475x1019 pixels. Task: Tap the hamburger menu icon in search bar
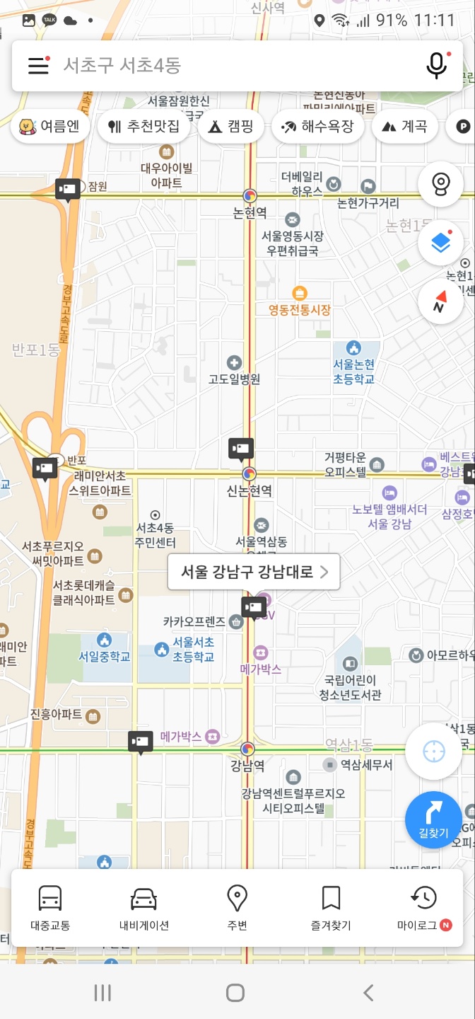[x=38, y=66]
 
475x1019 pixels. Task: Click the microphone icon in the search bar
[x=437, y=66]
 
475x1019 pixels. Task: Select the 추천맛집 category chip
[x=143, y=127]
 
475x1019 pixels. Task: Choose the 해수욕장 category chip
[x=317, y=127]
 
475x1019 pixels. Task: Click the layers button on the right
[x=440, y=243]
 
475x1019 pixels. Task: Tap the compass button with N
[x=440, y=301]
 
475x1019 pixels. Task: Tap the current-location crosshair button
[x=433, y=752]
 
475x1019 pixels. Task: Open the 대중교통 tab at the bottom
[x=50, y=908]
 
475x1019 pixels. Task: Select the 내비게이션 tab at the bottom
[x=143, y=908]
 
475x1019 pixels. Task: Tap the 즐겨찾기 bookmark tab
[x=331, y=908]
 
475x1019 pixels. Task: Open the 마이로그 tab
[x=423, y=908]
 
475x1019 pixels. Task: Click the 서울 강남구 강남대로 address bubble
[x=254, y=572]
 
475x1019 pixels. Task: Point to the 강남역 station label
[x=247, y=766]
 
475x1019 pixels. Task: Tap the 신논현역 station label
[x=249, y=490]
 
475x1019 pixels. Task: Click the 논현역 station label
[x=250, y=212]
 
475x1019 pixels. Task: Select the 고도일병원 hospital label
[x=234, y=379]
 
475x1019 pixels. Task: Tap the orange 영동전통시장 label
[x=300, y=310]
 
